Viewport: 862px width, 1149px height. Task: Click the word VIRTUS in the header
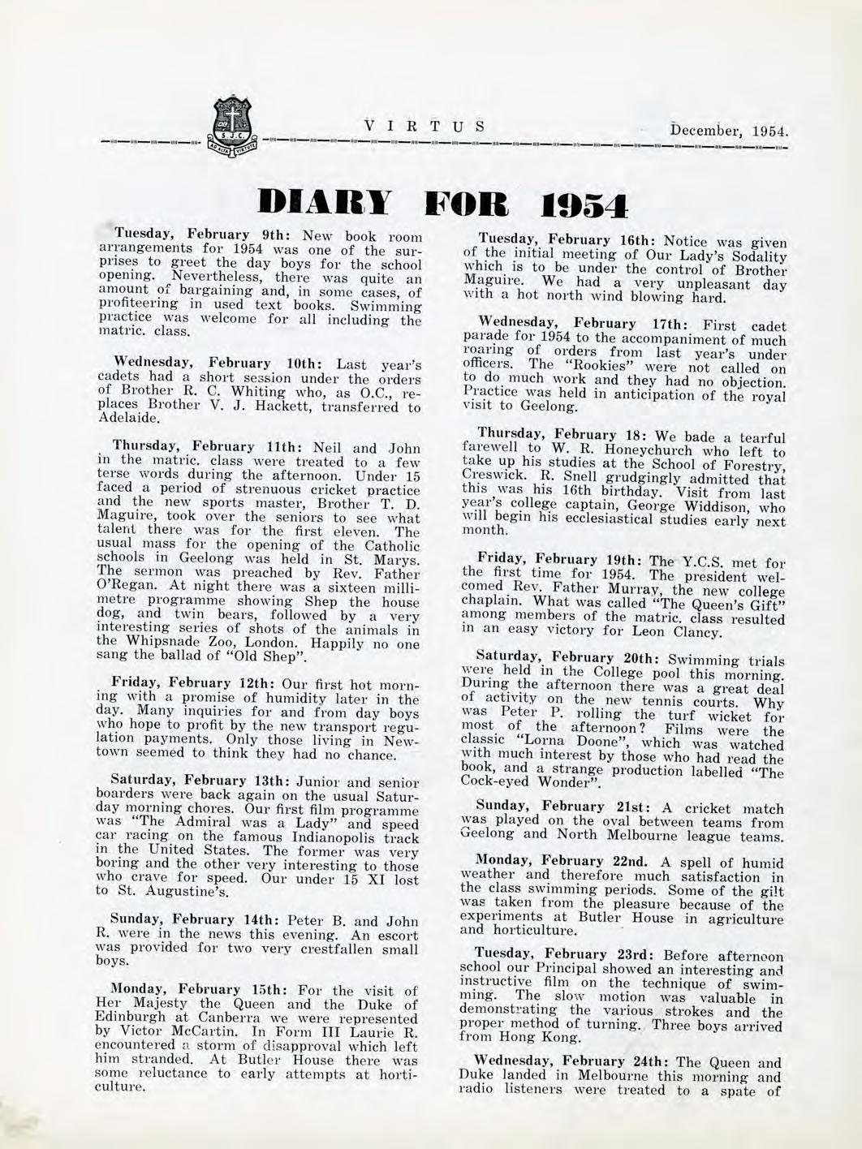click(425, 127)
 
